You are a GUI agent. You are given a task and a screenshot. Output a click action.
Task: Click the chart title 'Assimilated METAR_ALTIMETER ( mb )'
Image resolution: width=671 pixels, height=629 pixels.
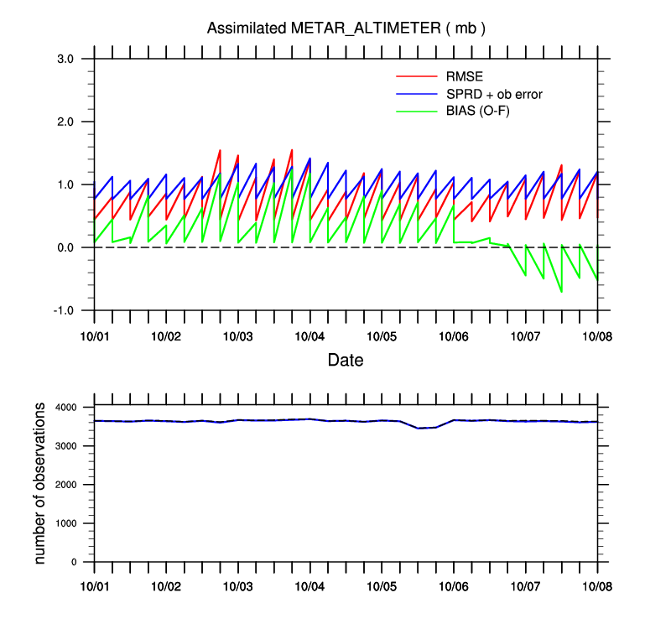pyautogui.click(x=346, y=29)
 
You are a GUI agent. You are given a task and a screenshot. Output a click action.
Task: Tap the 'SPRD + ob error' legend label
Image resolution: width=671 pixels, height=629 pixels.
pyautogui.click(x=494, y=95)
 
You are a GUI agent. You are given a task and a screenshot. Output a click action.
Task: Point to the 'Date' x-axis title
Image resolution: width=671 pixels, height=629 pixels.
pyautogui.click(x=346, y=361)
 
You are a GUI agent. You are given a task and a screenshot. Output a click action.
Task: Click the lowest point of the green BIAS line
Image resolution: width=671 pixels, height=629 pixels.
pyautogui.click(x=561, y=291)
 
